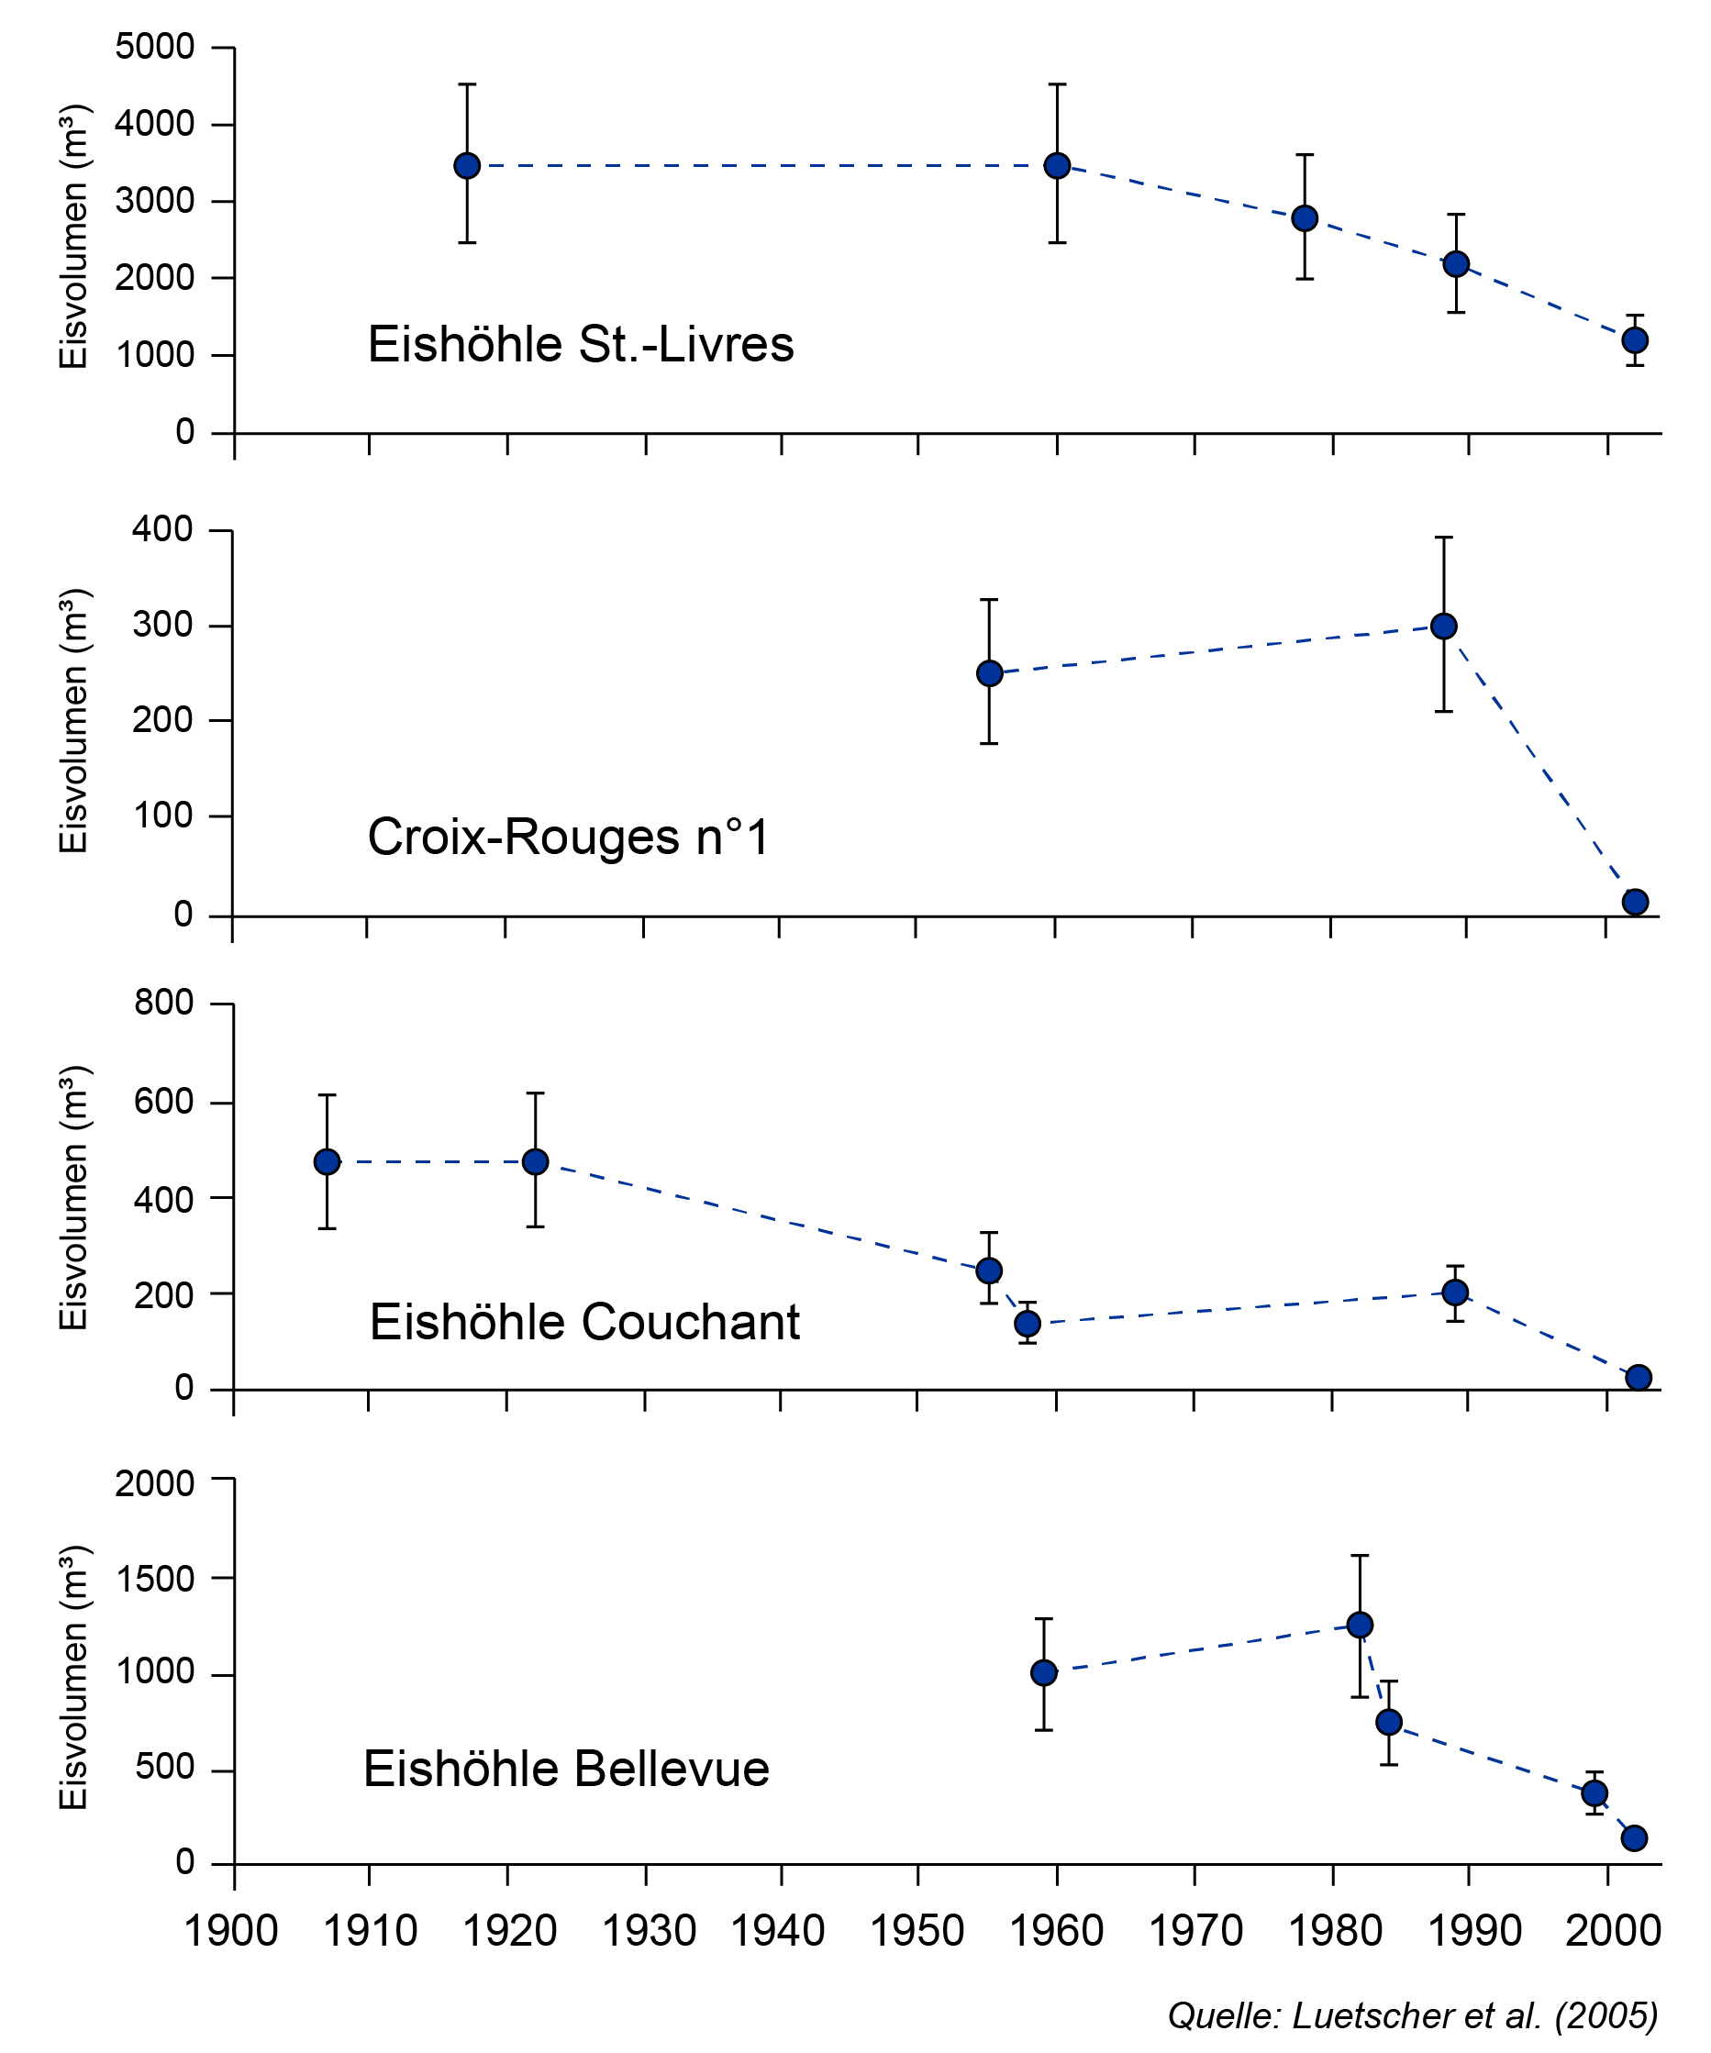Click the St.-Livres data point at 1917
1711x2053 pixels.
click(467, 165)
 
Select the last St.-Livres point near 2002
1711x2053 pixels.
click(1635, 340)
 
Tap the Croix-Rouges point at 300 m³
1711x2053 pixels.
click(1444, 626)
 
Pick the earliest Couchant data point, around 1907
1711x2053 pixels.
click(328, 1161)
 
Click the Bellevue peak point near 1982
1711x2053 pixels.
click(1360, 1625)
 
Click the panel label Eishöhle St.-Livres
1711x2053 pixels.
click(581, 344)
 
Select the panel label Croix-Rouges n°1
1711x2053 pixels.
click(568, 837)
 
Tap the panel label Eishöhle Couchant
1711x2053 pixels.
click(584, 1322)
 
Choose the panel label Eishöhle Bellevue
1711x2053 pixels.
click(566, 1769)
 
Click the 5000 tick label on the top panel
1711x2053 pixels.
click(154, 47)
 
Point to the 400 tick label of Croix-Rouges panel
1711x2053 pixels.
click(162, 529)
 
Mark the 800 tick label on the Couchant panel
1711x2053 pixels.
click(163, 1002)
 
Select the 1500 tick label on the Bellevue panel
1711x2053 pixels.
click(154, 1578)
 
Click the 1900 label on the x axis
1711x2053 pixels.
click(232, 1931)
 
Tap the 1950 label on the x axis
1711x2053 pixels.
click(917, 1931)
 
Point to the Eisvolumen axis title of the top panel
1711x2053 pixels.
click(73, 236)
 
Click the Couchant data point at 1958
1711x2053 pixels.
click(1028, 1324)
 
